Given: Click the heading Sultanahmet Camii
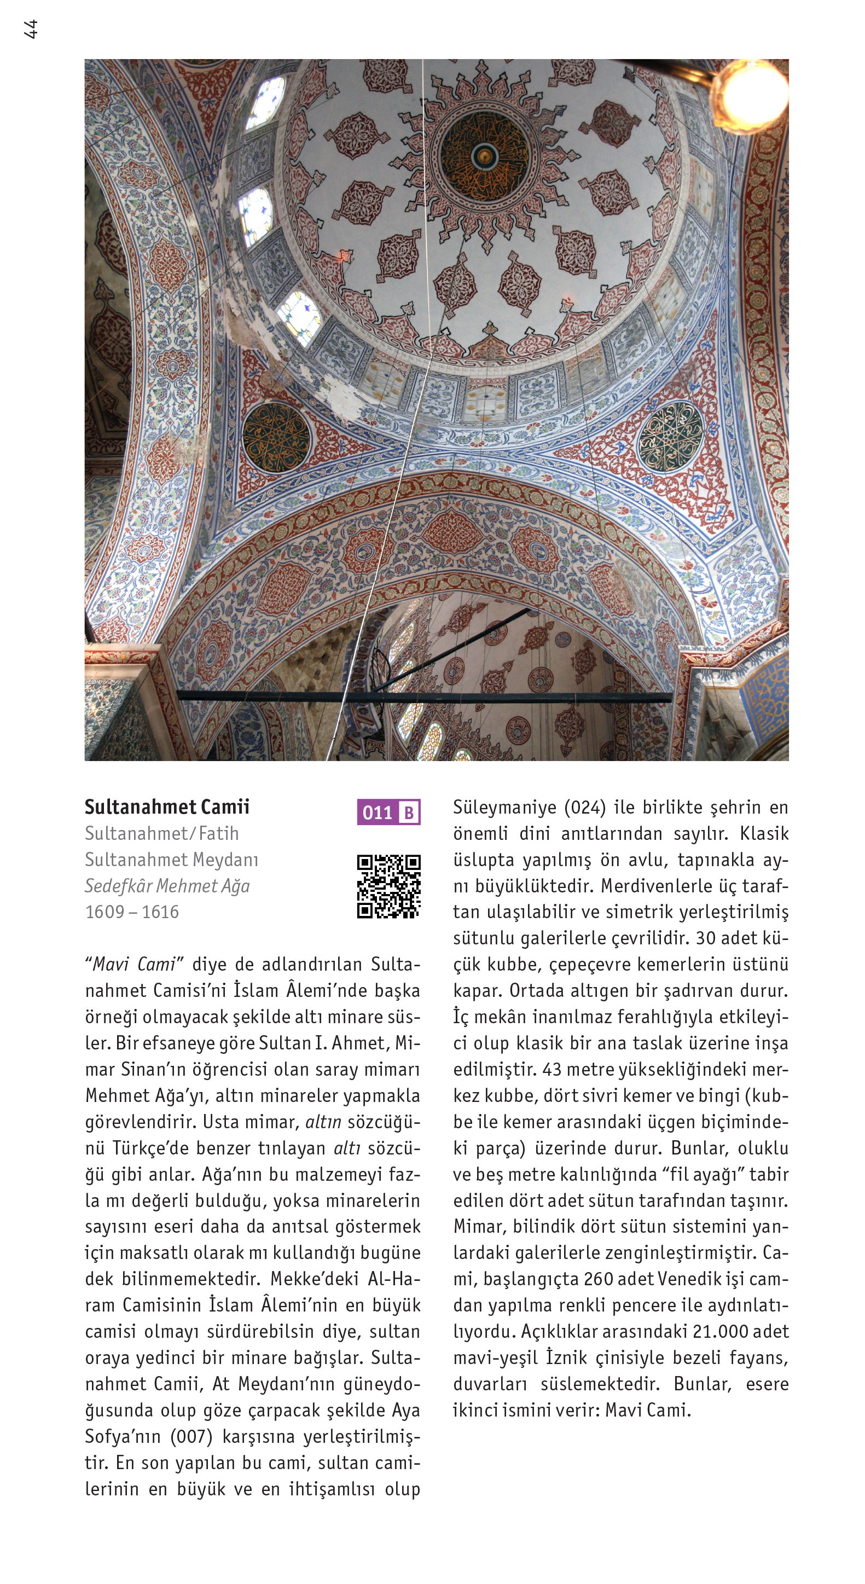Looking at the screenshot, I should tap(167, 806).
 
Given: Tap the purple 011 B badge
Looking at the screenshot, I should tap(388, 813).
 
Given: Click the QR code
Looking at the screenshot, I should tap(388, 886).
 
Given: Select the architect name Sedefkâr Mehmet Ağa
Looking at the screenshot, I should tap(167, 885).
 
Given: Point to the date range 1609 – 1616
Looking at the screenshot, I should tap(131, 912).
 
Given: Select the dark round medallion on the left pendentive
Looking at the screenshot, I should tap(276, 437).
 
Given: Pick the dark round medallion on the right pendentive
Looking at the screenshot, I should tap(670, 436).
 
